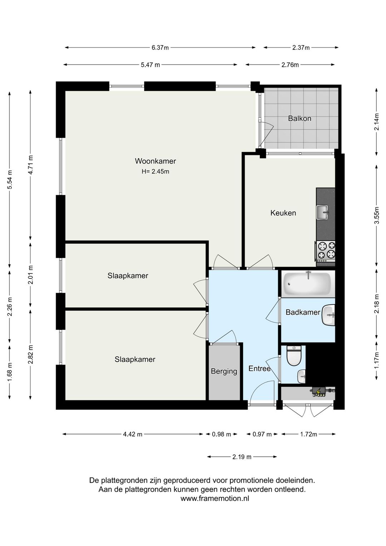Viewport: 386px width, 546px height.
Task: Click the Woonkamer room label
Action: tap(155, 161)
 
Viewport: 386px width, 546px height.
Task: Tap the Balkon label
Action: tap(300, 118)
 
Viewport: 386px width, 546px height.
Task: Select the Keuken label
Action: tap(283, 213)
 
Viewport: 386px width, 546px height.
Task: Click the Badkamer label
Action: tap(303, 312)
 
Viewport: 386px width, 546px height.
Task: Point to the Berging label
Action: tap(224, 371)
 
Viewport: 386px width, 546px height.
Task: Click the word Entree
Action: tap(259, 368)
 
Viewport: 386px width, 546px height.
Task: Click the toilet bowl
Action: tap(294, 356)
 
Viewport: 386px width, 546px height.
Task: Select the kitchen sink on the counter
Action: tap(323, 212)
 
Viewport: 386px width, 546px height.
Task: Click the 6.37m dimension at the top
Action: tap(160, 48)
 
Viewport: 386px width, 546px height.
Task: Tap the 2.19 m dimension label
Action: tap(242, 457)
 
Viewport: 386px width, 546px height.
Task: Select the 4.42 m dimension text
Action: tap(133, 434)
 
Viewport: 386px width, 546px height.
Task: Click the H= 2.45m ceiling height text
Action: tap(155, 172)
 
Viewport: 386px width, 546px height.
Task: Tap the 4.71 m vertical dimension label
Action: tap(31, 165)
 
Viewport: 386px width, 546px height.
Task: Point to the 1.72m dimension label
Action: tap(308, 434)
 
